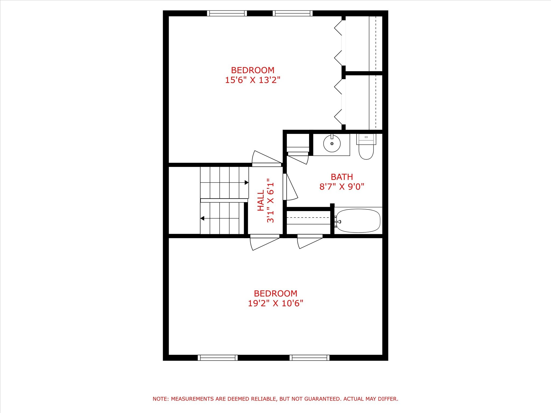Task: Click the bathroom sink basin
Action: pos(332,144)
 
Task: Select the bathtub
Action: pos(358,221)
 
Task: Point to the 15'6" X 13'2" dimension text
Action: pos(253,80)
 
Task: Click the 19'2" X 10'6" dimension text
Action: pos(275,303)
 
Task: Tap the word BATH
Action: pos(342,177)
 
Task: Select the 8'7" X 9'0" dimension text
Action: pos(342,187)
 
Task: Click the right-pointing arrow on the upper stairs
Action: pos(246,183)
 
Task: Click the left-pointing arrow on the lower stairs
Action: pos(202,218)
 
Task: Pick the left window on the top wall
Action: pos(227,13)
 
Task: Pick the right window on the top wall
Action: pos(292,13)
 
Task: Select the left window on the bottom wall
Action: pos(218,358)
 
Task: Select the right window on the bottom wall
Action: pos(309,358)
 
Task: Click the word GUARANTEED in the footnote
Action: pos(323,399)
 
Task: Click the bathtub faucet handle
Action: pos(340,222)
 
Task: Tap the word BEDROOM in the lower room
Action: pos(275,293)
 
